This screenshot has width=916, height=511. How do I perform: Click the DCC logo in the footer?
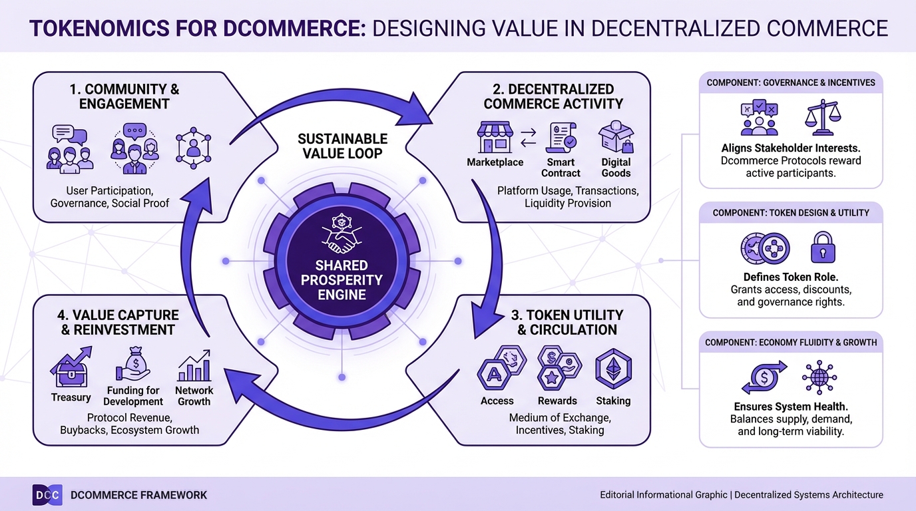[47, 495]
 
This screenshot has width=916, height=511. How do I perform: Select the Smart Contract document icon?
[559, 138]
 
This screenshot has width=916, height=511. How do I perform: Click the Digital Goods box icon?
[616, 137]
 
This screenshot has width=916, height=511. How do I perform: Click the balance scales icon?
[823, 119]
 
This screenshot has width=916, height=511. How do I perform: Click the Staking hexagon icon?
[613, 368]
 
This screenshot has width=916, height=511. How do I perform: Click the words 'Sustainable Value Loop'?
[342, 146]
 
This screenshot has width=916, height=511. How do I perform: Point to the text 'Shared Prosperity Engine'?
[342, 280]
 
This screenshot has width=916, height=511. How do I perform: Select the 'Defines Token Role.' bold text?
[791, 277]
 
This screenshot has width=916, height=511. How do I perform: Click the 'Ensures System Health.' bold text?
[791, 407]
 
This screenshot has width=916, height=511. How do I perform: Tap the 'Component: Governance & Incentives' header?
[791, 83]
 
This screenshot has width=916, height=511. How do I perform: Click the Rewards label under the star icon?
[557, 401]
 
